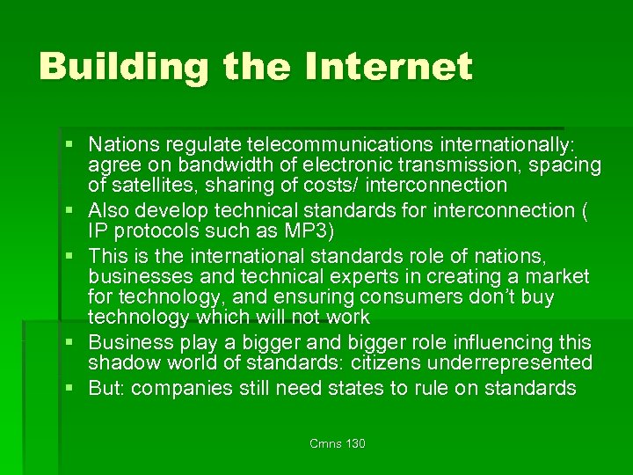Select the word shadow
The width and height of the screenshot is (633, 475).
(123, 362)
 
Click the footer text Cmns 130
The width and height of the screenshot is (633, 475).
(338, 444)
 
